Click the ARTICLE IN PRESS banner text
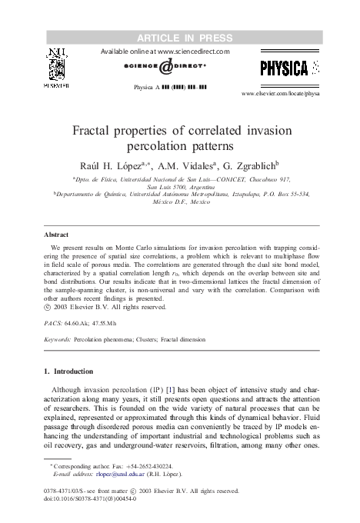tap(180, 35)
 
